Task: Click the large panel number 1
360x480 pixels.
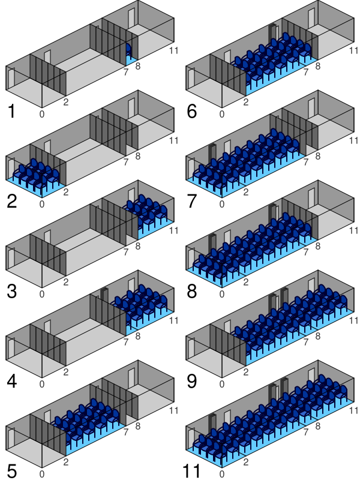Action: pyautogui.click(x=11, y=111)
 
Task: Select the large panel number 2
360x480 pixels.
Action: pyautogui.click(x=11, y=201)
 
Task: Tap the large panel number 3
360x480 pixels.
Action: pyautogui.click(x=11, y=291)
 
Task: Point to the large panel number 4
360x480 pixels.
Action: pyautogui.click(x=11, y=381)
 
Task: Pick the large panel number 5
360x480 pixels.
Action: pyautogui.click(x=11, y=471)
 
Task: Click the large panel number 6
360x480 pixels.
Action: pyautogui.click(x=191, y=111)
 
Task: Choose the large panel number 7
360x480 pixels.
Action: pyautogui.click(x=191, y=201)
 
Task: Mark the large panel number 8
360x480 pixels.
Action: pyautogui.click(x=191, y=291)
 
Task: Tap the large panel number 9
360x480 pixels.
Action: pyautogui.click(x=191, y=381)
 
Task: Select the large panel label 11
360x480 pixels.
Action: pyautogui.click(x=191, y=471)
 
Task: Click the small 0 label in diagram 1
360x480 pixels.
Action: pyautogui.click(x=42, y=114)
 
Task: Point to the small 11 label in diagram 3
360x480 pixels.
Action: pyautogui.click(x=174, y=230)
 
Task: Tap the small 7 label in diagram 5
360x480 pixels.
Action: pyautogui.click(x=126, y=432)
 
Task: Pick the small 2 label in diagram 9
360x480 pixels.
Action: pyautogui.click(x=246, y=372)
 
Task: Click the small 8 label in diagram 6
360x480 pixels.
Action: pyautogui.click(x=318, y=66)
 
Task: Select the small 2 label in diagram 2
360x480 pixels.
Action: pyautogui.click(x=66, y=192)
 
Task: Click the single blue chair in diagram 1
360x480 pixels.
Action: pyautogui.click(x=128, y=50)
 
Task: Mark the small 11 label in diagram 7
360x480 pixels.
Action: pyautogui.click(x=354, y=140)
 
